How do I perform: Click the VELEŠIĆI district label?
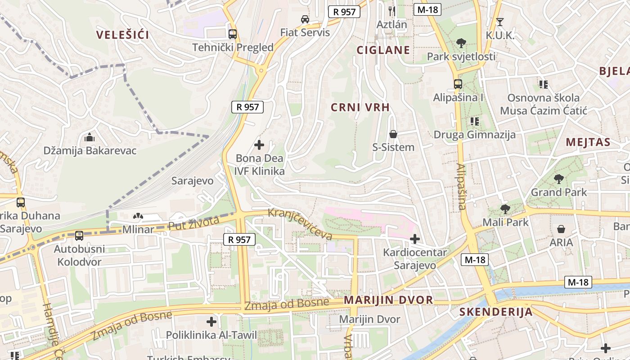click(122, 35)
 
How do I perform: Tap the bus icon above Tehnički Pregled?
click(233, 34)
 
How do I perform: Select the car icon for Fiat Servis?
click(305, 19)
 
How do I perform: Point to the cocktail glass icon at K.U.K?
click(499, 22)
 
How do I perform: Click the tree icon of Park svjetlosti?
click(461, 43)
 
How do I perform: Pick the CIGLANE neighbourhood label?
click(383, 50)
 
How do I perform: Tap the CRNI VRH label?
click(360, 107)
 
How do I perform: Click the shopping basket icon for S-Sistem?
click(393, 134)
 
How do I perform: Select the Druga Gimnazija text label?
click(475, 135)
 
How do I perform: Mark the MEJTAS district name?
click(588, 143)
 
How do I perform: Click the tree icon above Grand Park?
click(559, 179)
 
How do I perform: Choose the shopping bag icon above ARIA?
click(561, 229)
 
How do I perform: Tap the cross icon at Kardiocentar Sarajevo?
click(415, 239)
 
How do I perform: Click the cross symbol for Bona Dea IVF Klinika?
click(259, 145)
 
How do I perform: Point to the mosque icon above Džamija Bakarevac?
click(90, 137)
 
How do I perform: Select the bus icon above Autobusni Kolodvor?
click(79, 235)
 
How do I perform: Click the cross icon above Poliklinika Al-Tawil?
click(211, 322)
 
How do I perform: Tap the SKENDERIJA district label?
click(496, 312)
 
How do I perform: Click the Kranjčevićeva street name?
click(300, 224)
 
